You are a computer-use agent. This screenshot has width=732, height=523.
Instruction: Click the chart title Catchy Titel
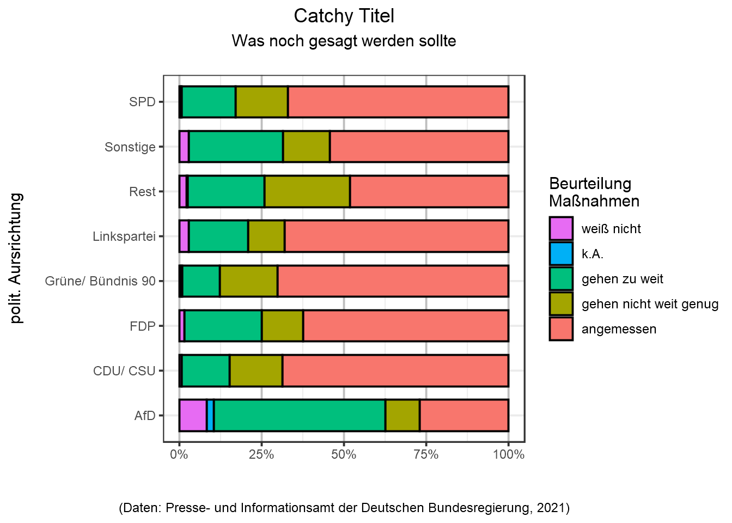point(344,16)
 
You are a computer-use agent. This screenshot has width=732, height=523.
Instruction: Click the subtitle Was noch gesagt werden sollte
point(344,41)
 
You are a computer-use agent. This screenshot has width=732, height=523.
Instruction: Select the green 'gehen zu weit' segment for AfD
point(300,415)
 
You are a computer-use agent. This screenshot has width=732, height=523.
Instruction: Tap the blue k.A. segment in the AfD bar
point(210,415)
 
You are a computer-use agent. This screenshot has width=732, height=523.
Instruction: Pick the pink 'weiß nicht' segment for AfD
point(193,415)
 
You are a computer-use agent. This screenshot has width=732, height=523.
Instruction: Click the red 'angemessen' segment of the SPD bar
point(398,102)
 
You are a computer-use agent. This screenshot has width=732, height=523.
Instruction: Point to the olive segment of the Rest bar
point(307,191)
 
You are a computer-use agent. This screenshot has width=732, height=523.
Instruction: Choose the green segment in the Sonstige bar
point(236,147)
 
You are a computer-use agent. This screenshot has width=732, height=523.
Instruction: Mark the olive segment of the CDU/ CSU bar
point(256,370)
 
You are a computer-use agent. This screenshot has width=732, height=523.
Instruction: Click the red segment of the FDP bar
point(406,326)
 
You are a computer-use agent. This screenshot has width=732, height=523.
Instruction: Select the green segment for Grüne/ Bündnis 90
point(201,281)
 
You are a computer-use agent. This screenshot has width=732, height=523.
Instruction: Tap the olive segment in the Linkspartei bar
point(266,236)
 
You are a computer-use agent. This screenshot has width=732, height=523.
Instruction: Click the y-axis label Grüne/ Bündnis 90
point(100,281)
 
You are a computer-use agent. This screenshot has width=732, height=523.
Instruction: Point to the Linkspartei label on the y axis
point(124,236)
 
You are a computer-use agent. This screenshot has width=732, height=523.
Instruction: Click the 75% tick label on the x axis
point(426,454)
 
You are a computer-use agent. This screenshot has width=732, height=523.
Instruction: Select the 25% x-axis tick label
point(261,454)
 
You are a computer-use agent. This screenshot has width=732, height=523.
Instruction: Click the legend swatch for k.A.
point(561,254)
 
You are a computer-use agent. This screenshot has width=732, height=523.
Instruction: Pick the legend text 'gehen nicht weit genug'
point(650,304)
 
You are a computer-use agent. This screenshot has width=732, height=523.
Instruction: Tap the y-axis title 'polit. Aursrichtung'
point(17,258)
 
